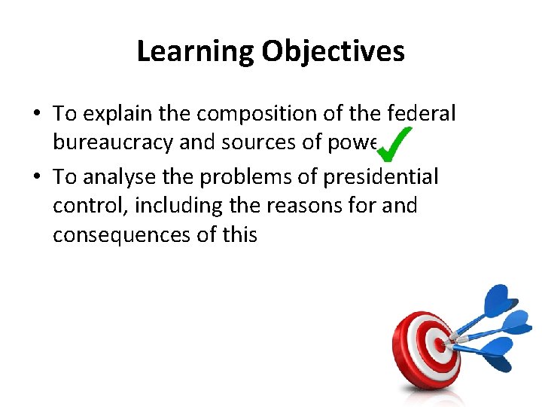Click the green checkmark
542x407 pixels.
pos(392,143)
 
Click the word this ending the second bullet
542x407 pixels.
pos(239,235)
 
